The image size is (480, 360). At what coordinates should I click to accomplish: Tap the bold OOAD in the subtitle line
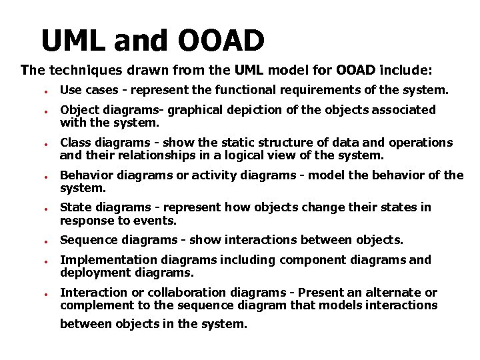(357, 69)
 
